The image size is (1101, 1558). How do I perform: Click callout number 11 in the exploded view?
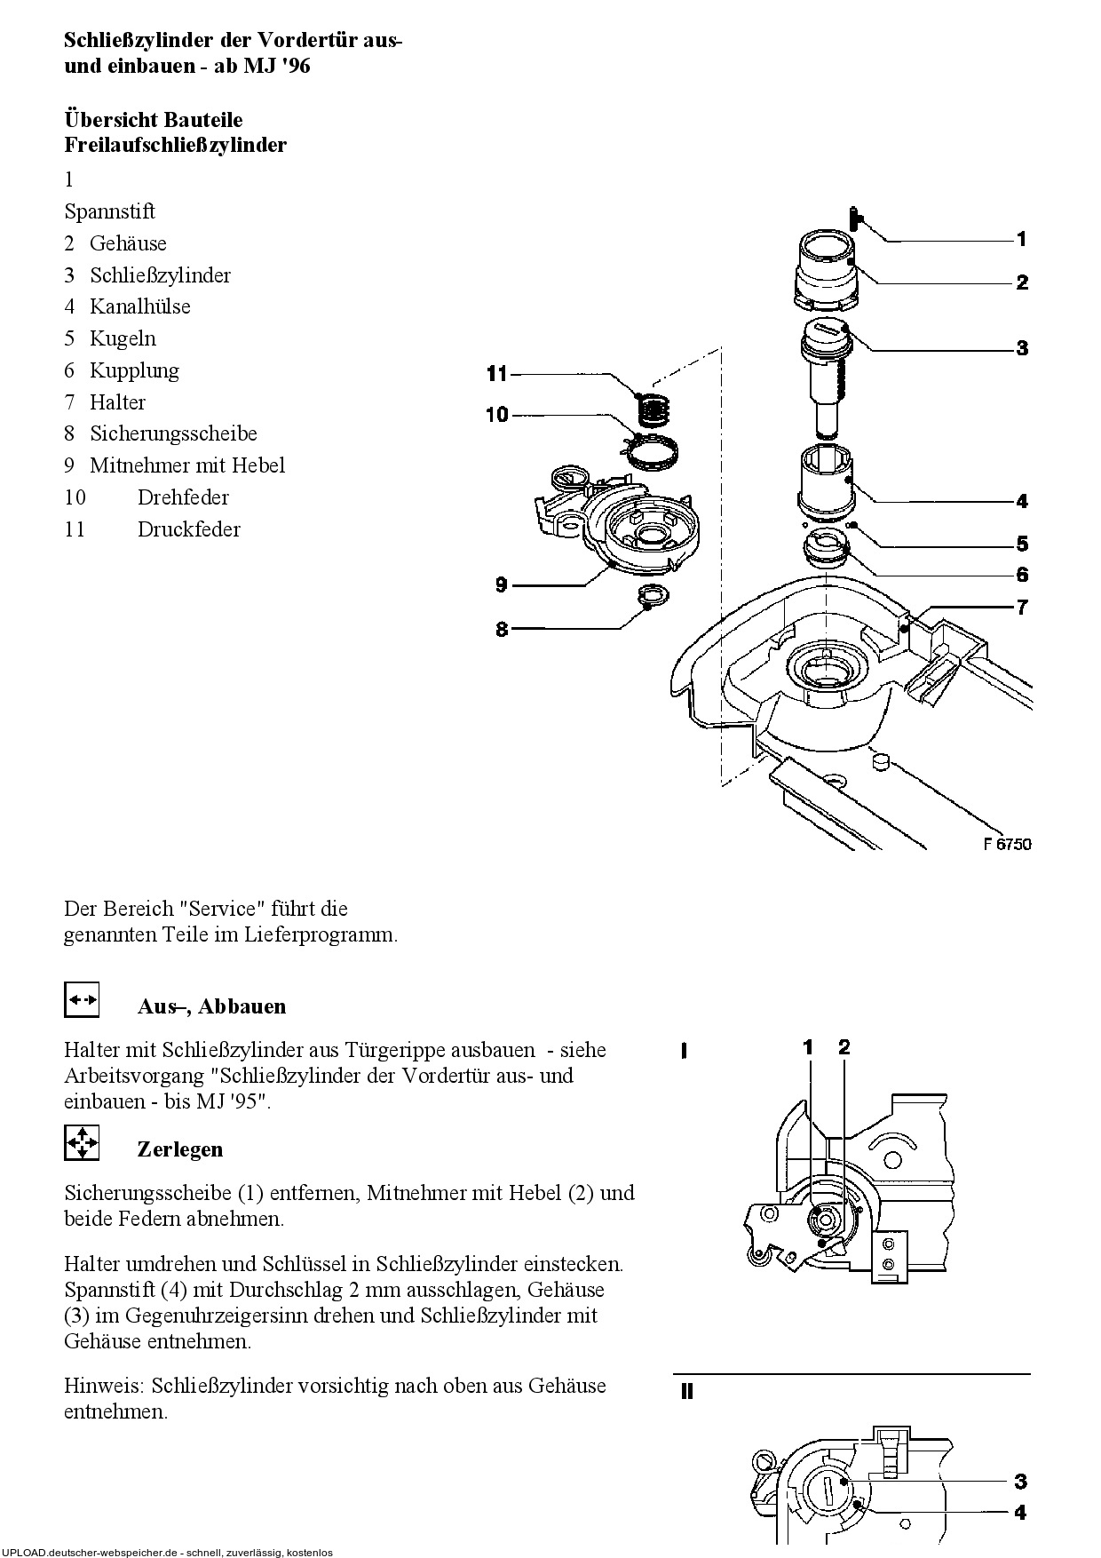tap(496, 374)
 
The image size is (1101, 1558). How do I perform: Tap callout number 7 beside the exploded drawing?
tap(1022, 608)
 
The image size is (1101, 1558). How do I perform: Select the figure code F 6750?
tap(1007, 844)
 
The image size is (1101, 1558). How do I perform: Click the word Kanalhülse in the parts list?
tap(140, 306)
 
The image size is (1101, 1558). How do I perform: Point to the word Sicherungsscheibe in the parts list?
tap(173, 433)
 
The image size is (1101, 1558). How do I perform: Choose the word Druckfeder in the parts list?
tap(189, 529)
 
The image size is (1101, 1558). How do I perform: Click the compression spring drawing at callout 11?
tap(656, 409)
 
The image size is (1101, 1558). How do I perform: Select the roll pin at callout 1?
tap(853, 218)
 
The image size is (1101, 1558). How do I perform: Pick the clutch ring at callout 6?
tap(826, 550)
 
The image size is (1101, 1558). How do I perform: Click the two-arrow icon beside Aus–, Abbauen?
tap(82, 999)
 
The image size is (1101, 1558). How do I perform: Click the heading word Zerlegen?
tap(180, 1149)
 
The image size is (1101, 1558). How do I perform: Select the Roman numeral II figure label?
tap(686, 1392)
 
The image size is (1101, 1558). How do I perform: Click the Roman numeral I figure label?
tap(683, 1052)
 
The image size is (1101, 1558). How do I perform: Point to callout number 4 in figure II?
tap(1021, 1512)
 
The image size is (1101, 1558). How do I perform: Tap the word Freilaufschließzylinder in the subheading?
tap(176, 145)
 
